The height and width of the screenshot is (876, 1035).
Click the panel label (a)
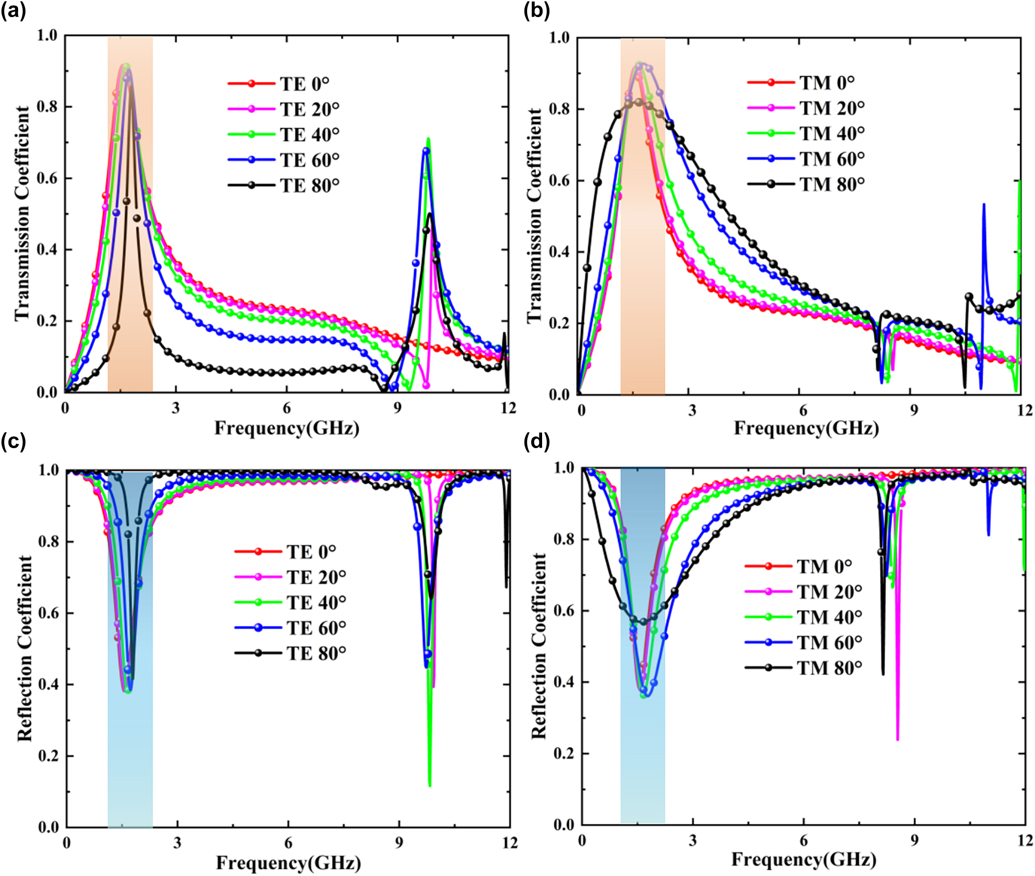click(13, 11)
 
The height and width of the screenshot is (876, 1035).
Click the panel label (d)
click(536, 441)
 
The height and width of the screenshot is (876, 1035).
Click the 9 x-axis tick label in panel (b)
click(914, 410)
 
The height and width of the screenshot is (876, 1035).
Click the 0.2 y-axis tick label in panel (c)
click(49, 756)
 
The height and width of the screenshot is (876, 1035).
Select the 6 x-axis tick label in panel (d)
click(804, 840)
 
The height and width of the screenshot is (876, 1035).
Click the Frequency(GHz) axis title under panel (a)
click(287, 428)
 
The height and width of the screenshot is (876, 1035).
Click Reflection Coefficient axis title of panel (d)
click(539, 646)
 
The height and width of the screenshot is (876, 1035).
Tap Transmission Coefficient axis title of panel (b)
click(534, 216)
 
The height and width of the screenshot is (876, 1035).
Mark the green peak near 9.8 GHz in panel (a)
click(428, 139)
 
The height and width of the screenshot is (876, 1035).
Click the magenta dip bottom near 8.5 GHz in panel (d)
click(897, 739)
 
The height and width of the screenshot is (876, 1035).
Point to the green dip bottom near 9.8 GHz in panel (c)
click(430, 786)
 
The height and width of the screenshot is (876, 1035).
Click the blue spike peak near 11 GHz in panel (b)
click(984, 205)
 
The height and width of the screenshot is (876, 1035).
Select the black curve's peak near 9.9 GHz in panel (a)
click(430, 214)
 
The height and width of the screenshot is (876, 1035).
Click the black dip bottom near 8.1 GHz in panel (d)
click(883, 674)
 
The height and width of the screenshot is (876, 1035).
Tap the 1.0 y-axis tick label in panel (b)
click(559, 38)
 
